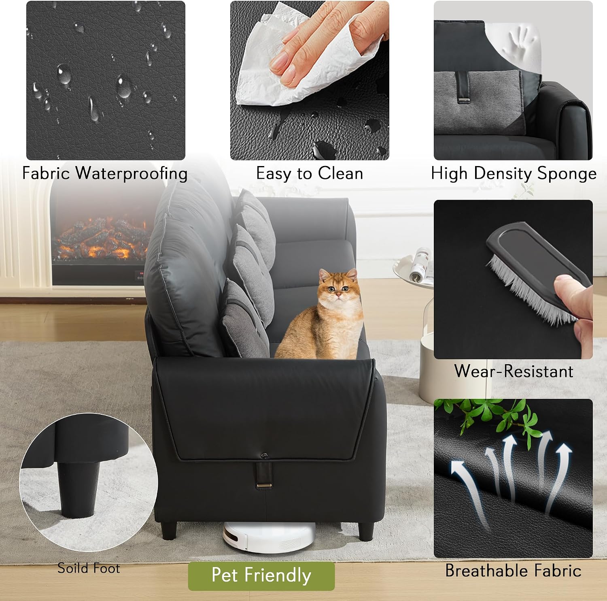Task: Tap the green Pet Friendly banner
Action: point(261,575)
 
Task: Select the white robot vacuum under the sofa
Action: point(269,537)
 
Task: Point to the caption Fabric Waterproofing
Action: point(105,174)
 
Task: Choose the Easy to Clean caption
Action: point(310,174)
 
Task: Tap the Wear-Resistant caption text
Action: point(514,371)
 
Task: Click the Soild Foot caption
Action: point(89,568)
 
